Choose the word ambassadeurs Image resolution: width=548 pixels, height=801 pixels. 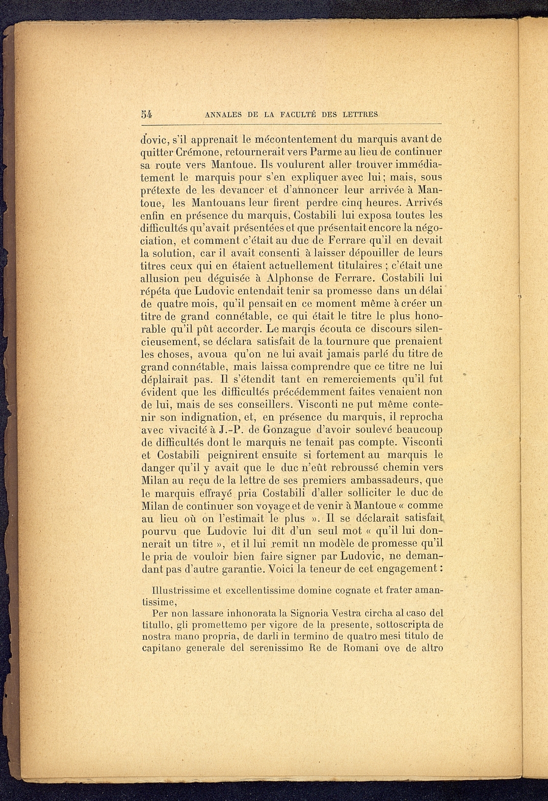point(380,480)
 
